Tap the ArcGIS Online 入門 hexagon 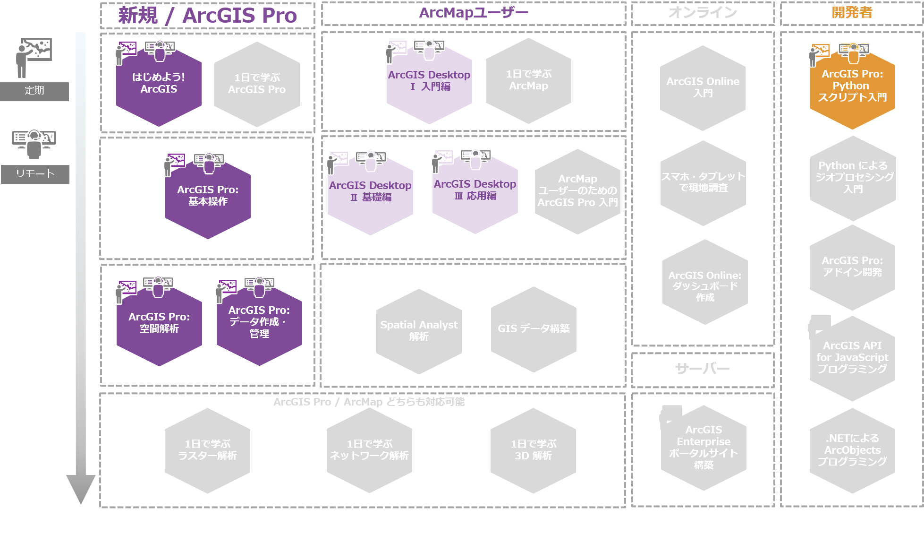[x=703, y=87]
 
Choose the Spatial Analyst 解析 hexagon [x=419, y=331]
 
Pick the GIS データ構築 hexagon [x=534, y=329]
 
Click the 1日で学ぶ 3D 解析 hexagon [x=533, y=450]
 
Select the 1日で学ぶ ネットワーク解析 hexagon [x=369, y=450]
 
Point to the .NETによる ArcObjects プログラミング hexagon [x=852, y=450]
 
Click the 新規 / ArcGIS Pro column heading [x=207, y=16]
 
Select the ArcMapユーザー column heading [x=474, y=13]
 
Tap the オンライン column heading [x=703, y=13]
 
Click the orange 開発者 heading [x=852, y=13]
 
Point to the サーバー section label [x=703, y=369]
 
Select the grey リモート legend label [x=35, y=174]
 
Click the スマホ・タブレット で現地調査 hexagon [x=703, y=182]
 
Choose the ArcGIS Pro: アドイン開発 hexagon [x=852, y=267]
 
